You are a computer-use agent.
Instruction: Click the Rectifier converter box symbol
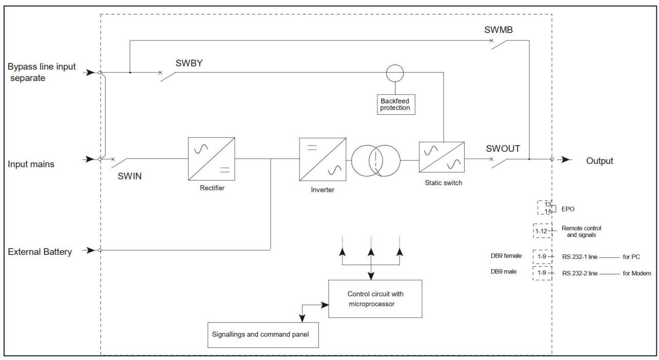coord(211,159)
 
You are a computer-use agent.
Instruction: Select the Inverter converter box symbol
coord(323,159)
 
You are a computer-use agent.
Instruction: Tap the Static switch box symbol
coord(442,157)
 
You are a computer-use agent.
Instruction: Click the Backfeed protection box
coord(396,105)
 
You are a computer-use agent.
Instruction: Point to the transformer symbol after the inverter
coord(376,161)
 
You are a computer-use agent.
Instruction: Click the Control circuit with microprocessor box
coord(375,299)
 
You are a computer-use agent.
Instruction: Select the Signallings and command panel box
coord(263,335)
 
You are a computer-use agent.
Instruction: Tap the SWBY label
coord(189,63)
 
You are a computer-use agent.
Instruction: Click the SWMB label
coord(498,30)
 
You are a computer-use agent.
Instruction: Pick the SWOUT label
coord(503,149)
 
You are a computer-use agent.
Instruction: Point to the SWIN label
coord(129,176)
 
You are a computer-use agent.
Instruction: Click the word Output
coord(600,161)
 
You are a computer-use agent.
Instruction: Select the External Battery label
coord(39,252)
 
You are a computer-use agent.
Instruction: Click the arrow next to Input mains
coord(89,159)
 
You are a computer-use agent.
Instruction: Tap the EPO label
coord(568,209)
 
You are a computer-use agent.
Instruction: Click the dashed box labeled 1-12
coord(542,231)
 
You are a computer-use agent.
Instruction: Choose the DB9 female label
coord(506,256)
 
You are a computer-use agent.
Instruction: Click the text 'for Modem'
coord(636,273)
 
